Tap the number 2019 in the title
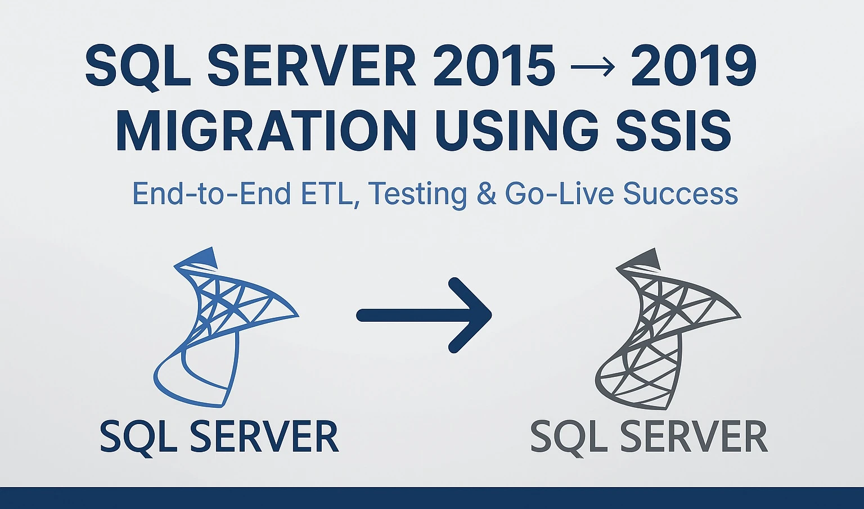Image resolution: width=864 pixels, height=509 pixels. pyautogui.click(x=693, y=67)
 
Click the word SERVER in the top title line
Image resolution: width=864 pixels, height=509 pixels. pyautogui.click(x=312, y=67)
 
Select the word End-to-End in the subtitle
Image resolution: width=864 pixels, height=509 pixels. pyautogui.click(x=211, y=193)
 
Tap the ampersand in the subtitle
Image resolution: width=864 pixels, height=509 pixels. pyautogui.click(x=487, y=194)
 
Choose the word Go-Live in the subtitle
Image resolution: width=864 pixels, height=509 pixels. pyautogui.click(x=559, y=194)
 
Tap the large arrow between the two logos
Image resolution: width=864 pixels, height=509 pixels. pyautogui.click(x=424, y=315)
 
